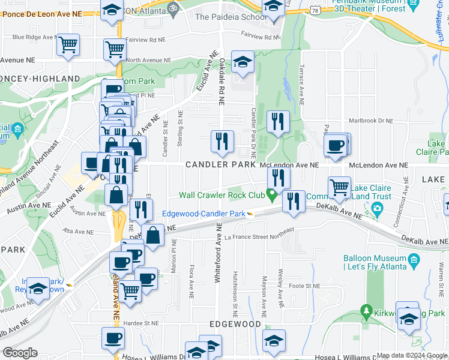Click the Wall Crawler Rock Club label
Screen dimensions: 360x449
(x=222, y=195)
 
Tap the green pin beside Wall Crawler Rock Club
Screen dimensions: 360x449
(x=272, y=196)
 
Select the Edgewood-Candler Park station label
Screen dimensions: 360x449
(x=203, y=214)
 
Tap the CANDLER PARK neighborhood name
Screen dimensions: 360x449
(x=220, y=164)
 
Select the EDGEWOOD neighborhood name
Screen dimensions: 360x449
(x=235, y=324)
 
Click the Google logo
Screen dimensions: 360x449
(x=20, y=353)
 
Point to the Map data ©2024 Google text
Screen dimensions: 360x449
(x=412, y=356)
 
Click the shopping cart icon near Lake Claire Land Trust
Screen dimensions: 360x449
(x=340, y=187)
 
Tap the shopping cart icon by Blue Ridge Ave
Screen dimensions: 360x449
(x=68, y=44)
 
